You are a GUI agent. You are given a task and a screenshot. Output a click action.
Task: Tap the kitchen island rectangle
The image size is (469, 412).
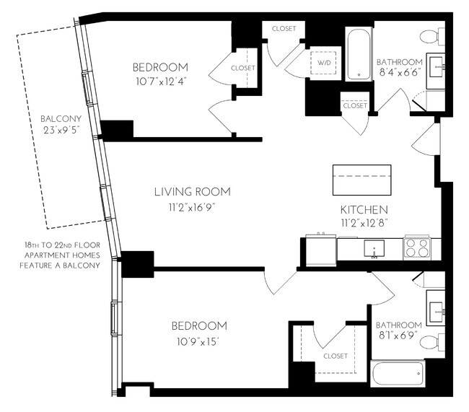click(361, 180)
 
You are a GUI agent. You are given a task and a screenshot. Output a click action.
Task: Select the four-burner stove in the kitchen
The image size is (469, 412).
click(417, 248)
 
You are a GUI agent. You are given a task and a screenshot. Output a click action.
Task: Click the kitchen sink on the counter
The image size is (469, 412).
click(374, 250)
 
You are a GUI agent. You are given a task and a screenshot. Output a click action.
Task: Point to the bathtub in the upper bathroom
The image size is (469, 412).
click(358, 54)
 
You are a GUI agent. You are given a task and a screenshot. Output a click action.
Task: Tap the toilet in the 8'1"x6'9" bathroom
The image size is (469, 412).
click(430, 341)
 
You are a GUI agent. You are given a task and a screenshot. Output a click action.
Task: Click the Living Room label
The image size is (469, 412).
click(192, 192)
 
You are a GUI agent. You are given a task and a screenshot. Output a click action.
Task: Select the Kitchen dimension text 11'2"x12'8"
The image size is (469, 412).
click(366, 224)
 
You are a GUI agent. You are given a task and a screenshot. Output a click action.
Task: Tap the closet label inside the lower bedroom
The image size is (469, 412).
click(336, 356)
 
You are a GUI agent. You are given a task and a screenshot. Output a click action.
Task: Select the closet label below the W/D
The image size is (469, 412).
click(354, 105)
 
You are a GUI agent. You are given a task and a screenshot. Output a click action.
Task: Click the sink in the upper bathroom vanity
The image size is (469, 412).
click(437, 67)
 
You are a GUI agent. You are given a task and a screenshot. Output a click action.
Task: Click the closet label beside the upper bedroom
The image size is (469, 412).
click(243, 68)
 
